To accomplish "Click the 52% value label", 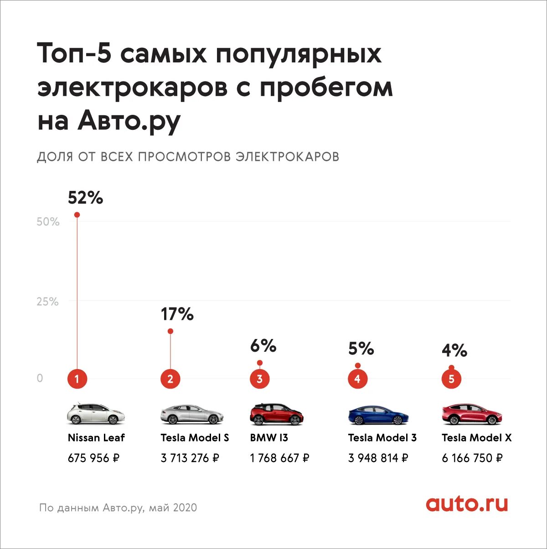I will tap(85, 198).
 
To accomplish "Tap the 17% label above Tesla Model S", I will tap(177, 314).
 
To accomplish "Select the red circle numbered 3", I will tap(260, 379).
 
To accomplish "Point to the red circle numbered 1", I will tap(77, 379).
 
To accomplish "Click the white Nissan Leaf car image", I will tap(96, 414).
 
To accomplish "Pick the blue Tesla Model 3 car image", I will tap(378, 415).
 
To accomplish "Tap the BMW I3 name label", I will tap(269, 438).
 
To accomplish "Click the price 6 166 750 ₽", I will tap(472, 458).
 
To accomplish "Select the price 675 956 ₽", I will tap(93, 458).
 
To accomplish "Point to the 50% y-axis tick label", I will tap(48, 222).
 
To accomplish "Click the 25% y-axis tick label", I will tap(47, 302).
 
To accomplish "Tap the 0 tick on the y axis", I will tap(40, 378).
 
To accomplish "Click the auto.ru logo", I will tap(467, 504).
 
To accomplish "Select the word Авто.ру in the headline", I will tap(129, 120).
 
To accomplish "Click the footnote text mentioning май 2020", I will tap(118, 508).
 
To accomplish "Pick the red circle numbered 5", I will tap(451, 379).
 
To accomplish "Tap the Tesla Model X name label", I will tap(476, 438).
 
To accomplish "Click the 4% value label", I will tap(454, 350).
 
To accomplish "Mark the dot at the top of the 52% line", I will tap(77, 215).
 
